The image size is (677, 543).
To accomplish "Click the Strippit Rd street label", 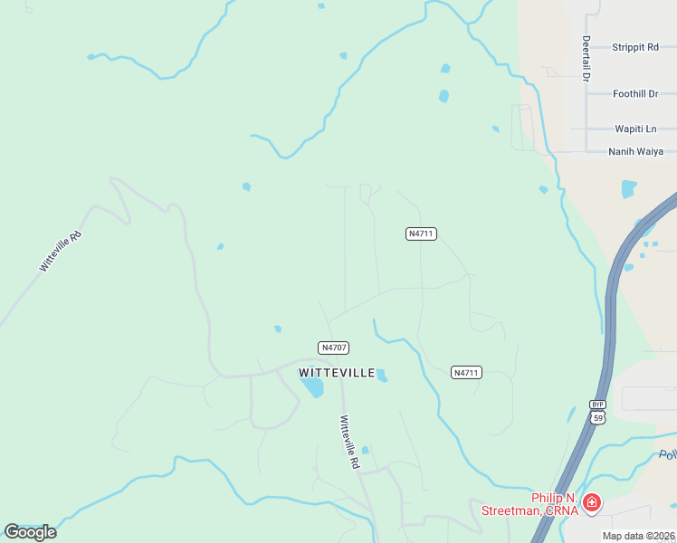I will (634, 47).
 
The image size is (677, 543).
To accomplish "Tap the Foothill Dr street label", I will (634, 93).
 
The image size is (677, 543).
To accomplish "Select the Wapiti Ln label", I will (635, 129).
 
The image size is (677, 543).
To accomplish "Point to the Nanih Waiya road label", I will (635, 151).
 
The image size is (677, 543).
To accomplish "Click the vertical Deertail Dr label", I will (586, 59).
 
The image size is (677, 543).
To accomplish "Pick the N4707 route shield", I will (334, 348).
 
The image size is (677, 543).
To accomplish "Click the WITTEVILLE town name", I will (337, 373).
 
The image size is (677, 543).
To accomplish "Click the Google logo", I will (30, 531).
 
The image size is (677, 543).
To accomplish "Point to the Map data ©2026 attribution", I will (638, 536).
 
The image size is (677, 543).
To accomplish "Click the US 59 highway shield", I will (597, 417).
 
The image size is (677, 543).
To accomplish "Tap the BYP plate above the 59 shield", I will (597, 405).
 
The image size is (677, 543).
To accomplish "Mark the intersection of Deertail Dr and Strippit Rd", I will (586, 47).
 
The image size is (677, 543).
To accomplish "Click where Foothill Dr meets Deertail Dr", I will (586, 93).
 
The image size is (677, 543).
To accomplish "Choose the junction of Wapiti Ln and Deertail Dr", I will (586, 129).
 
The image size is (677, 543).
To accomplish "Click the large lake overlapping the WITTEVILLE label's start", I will (312, 387).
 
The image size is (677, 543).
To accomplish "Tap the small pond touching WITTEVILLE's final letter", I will (382, 376).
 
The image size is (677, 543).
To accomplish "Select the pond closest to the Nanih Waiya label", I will (629, 188).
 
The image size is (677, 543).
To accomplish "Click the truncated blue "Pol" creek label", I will (668, 455).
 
